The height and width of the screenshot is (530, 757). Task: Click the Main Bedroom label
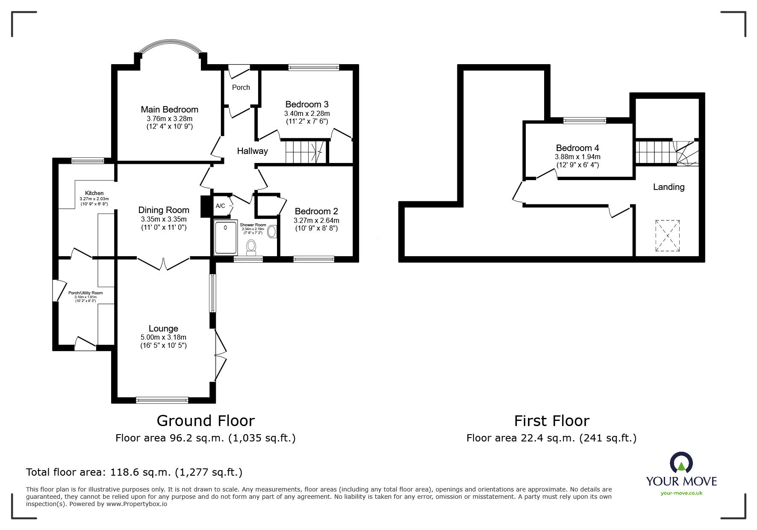pyautogui.click(x=169, y=110)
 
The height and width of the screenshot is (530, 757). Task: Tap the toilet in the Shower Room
pyautogui.click(x=251, y=247)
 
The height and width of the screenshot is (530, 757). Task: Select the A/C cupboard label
pyautogui.click(x=220, y=206)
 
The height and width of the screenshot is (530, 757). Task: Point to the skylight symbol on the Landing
pyautogui.click(x=667, y=236)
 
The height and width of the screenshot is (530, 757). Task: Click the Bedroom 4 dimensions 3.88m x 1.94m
pyautogui.click(x=577, y=157)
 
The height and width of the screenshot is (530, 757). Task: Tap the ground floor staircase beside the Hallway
pyautogui.click(x=304, y=152)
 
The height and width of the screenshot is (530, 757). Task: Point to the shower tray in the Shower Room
pyautogui.click(x=226, y=237)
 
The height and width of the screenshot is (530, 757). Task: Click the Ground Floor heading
pyautogui.click(x=206, y=421)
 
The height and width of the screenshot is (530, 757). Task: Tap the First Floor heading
pyautogui.click(x=551, y=421)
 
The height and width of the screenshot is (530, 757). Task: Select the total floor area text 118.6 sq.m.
pyautogui.click(x=134, y=472)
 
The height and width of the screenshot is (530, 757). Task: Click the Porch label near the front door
pyautogui.click(x=241, y=87)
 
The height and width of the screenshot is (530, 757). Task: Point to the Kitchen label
pyautogui.click(x=94, y=193)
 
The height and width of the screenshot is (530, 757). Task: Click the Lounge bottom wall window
pyautogui.click(x=162, y=400)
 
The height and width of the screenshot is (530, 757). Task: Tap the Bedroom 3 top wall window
pyautogui.click(x=313, y=67)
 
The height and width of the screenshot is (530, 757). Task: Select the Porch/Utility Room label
pyautogui.click(x=85, y=293)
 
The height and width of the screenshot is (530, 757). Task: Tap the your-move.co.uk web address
pyautogui.click(x=681, y=493)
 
